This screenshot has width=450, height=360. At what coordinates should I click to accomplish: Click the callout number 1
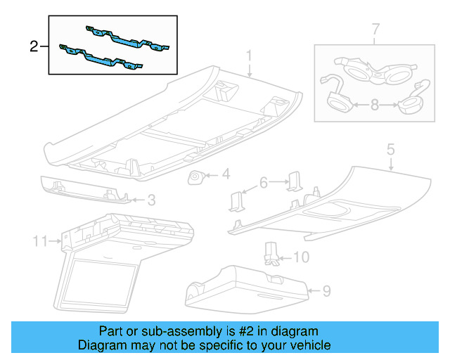[249, 56]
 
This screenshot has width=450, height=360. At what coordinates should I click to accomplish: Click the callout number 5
[390, 149]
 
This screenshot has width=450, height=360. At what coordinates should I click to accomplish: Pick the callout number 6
[264, 182]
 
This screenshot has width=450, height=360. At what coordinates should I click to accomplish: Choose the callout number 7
[375, 30]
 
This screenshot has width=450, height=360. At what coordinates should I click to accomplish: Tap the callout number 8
[375, 105]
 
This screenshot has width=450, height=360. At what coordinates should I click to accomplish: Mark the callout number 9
[326, 289]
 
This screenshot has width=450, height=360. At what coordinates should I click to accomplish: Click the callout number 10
[300, 258]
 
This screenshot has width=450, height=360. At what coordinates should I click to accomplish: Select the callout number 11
[39, 241]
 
